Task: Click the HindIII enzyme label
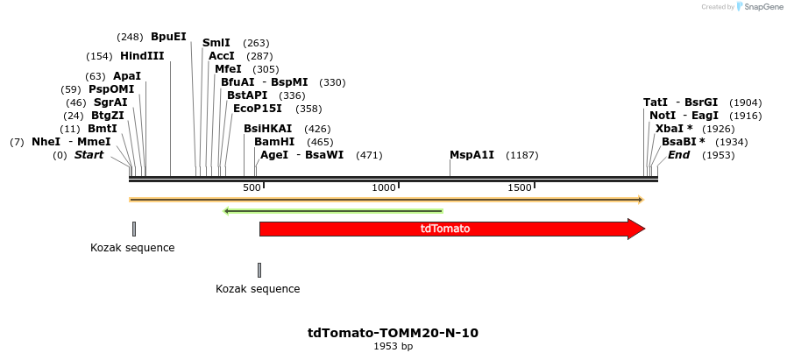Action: [142, 56]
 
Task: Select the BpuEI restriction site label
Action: [168, 37]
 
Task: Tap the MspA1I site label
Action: [471, 155]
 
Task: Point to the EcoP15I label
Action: [258, 109]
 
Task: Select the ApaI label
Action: [127, 76]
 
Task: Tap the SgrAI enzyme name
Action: [110, 102]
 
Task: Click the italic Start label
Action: [89, 155]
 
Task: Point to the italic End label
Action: [679, 155]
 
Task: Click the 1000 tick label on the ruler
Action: [384, 188]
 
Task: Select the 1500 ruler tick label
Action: [520, 188]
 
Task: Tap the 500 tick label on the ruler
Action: [252, 188]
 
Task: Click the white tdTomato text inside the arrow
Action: [445, 229]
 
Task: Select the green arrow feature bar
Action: [333, 211]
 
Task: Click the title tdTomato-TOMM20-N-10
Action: [393, 333]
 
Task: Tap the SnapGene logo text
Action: [762, 7]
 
